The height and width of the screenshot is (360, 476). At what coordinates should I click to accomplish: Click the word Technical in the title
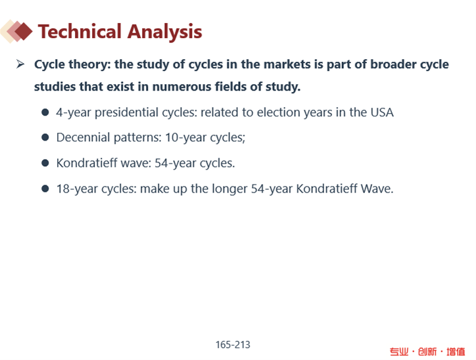pyautogui.click(x=80, y=32)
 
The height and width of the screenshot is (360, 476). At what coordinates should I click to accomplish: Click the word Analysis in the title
pyautogui.click(x=165, y=32)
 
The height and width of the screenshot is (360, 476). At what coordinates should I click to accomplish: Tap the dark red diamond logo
pyautogui.click(x=23, y=31)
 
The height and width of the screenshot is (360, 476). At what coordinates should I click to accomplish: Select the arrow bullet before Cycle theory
pyautogui.click(x=20, y=64)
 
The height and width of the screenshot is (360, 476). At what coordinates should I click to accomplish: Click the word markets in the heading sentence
pyautogui.click(x=287, y=64)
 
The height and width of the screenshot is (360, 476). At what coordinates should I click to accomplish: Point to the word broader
pyautogui.click(x=393, y=64)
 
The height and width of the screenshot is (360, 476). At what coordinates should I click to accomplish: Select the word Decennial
pyautogui.click(x=83, y=138)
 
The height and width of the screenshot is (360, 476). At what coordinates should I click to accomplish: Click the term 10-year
pyautogui.click(x=186, y=138)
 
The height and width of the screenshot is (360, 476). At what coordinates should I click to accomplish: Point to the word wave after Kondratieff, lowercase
pyautogui.click(x=135, y=163)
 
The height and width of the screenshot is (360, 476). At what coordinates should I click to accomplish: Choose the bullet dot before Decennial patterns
pyautogui.click(x=45, y=138)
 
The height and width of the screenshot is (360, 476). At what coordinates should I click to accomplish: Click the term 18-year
pyautogui.click(x=77, y=189)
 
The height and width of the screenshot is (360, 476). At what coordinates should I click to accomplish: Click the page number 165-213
pyautogui.click(x=233, y=344)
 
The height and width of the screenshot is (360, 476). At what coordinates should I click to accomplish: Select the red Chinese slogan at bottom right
pyautogui.click(x=427, y=351)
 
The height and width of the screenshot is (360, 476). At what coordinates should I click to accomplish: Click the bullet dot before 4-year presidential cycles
pyautogui.click(x=45, y=112)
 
